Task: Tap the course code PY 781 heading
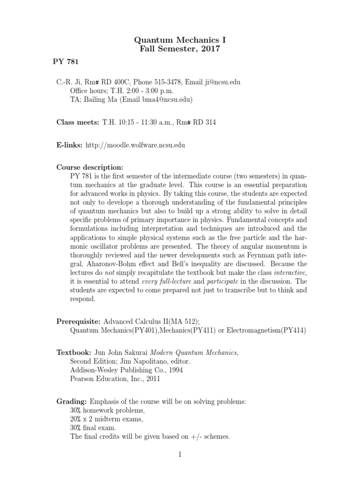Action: pos(66,61)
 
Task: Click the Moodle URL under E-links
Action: pos(135,145)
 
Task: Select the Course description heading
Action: pos(90,167)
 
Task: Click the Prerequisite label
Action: pos(79,322)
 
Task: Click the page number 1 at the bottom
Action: pos(180,454)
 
